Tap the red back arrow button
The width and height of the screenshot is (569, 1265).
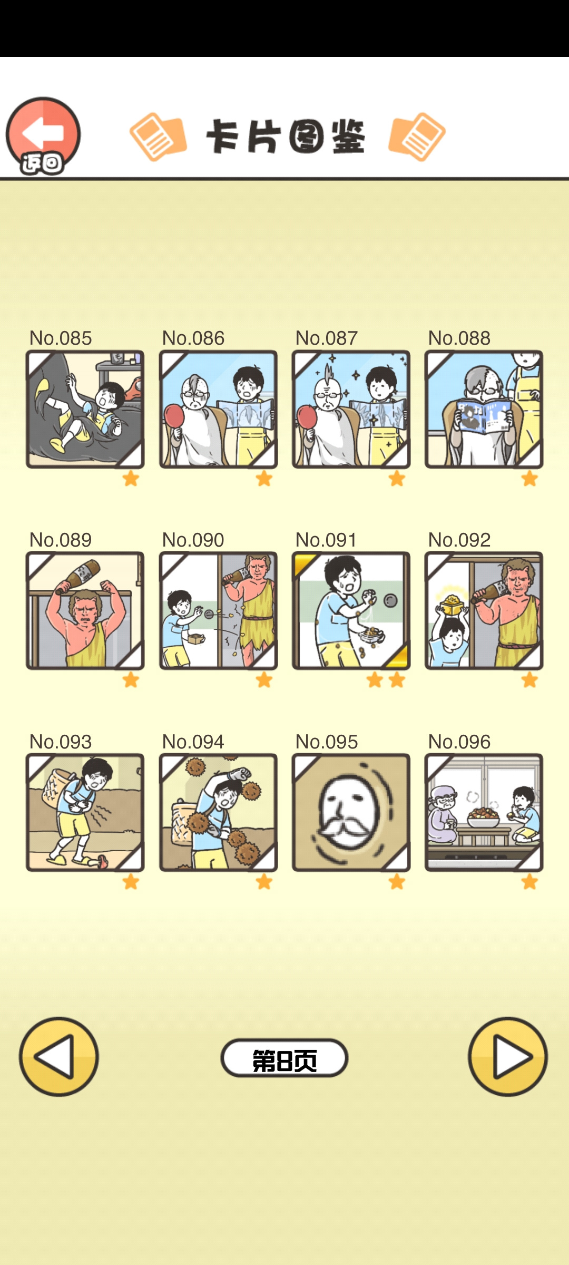[43, 135]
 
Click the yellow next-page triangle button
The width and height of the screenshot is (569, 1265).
[508, 1057]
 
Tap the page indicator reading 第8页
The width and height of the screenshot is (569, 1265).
[284, 1058]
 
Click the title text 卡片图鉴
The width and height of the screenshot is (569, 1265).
[286, 137]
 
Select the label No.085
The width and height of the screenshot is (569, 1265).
[61, 338]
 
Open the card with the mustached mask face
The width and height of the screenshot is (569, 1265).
[351, 812]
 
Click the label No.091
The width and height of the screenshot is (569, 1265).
[326, 540]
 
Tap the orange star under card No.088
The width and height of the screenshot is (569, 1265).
[529, 479]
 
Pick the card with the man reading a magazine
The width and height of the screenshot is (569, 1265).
[484, 409]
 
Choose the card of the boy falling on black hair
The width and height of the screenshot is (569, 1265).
[85, 409]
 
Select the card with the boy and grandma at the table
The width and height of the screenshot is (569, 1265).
[484, 812]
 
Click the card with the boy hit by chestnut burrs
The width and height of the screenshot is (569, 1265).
[219, 812]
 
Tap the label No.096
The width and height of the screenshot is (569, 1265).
[459, 742]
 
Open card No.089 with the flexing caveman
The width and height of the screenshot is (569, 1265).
[85, 610]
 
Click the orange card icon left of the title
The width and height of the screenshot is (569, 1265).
[158, 137]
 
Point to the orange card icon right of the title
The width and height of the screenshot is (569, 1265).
[417, 137]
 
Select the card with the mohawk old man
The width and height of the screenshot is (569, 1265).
[351, 409]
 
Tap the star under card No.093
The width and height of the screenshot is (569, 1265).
[131, 882]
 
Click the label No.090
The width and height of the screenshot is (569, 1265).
[193, 540]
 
